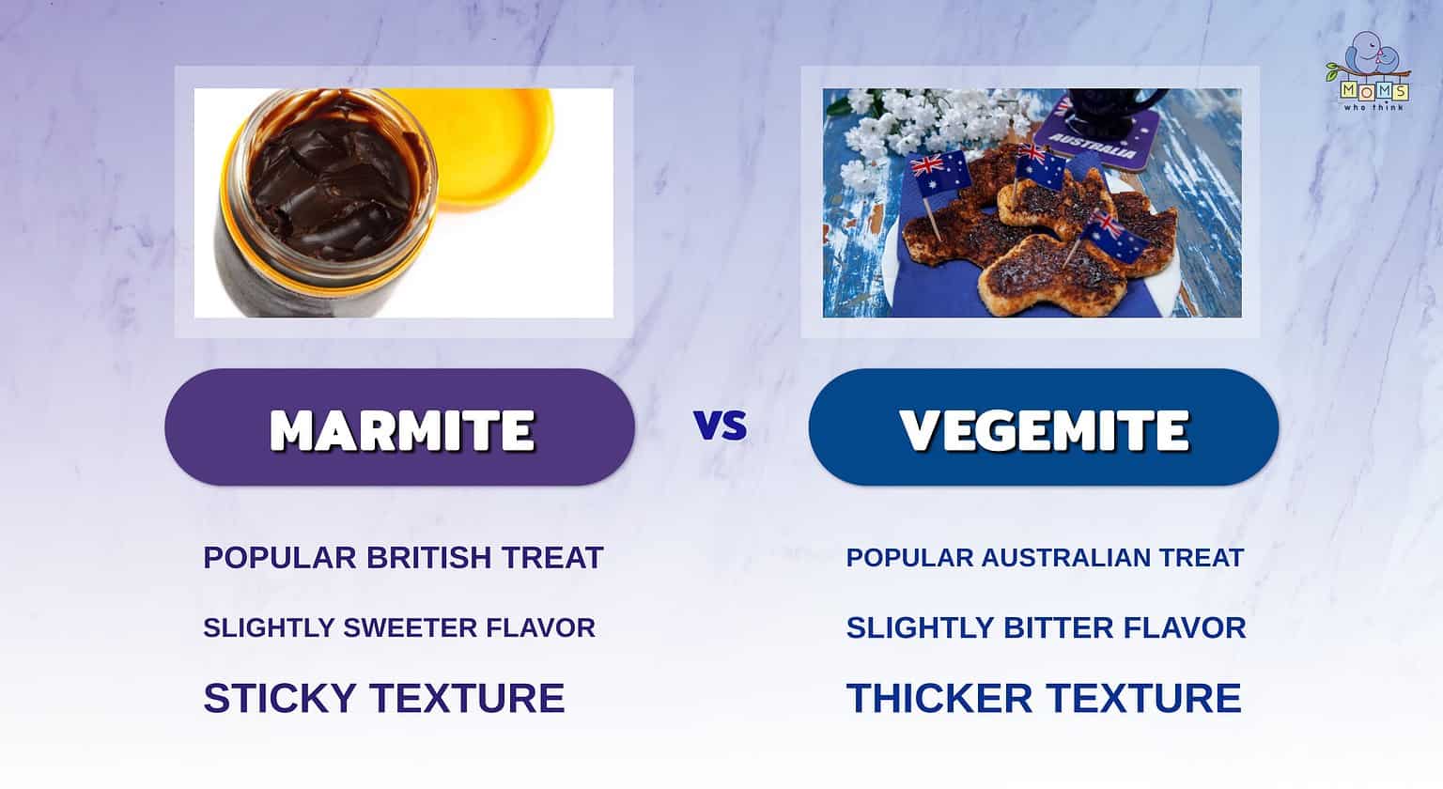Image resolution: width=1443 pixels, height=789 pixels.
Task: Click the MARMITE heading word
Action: [401, 430]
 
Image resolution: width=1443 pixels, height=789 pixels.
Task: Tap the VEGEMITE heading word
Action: [1044, 430]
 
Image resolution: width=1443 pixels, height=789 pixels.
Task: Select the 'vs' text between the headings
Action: [721, 426]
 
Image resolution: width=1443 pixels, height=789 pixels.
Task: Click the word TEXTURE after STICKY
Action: [467, 698]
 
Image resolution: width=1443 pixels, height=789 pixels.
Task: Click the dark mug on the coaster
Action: [1118, 105]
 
